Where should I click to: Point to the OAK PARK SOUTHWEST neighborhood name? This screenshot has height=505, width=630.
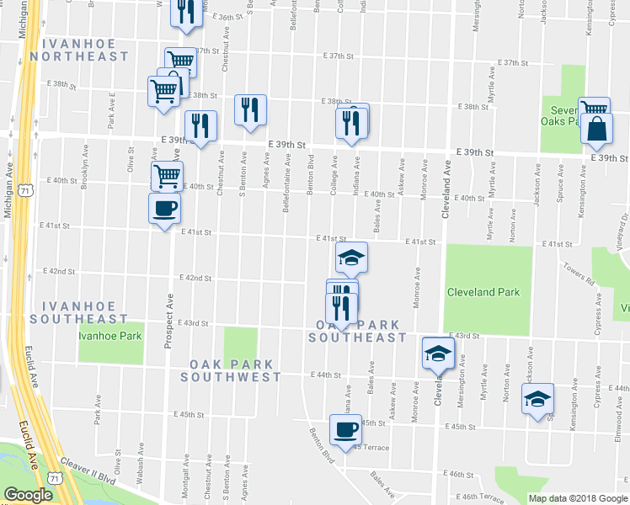235,370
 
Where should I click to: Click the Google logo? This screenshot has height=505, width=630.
28,495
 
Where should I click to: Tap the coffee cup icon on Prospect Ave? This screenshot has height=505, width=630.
164,207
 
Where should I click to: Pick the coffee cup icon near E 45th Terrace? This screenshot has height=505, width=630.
344,430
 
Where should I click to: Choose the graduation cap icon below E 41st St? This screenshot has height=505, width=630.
352,258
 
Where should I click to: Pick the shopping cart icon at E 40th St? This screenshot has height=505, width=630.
167,176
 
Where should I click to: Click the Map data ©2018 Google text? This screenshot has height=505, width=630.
577,498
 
